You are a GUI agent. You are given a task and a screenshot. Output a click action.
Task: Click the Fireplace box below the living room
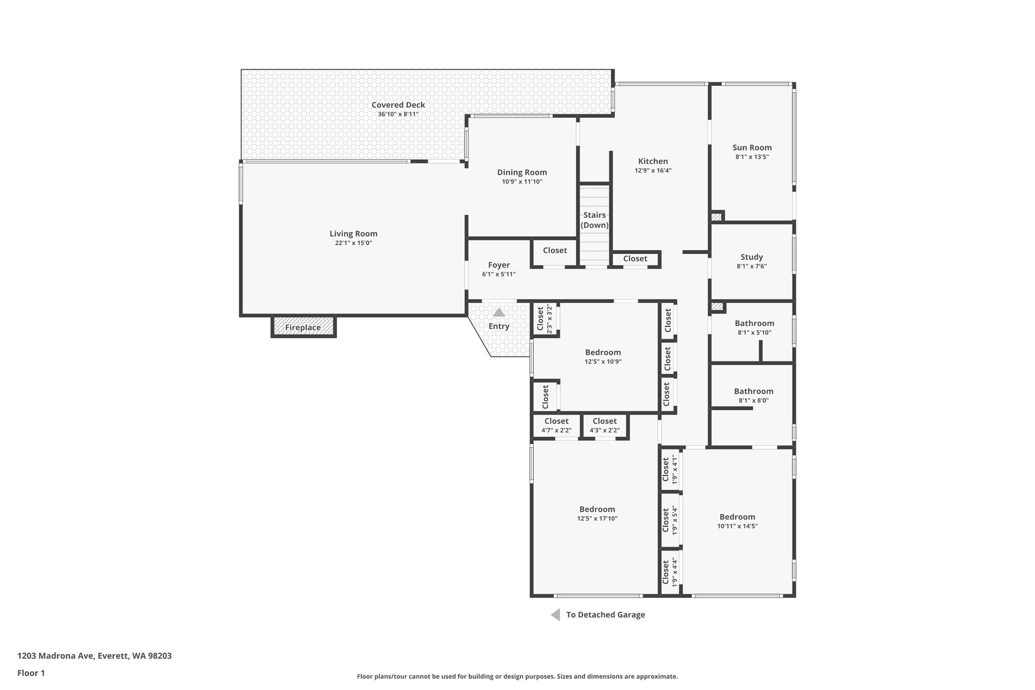point(303,327)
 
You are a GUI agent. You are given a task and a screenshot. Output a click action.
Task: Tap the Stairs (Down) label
point(594,220)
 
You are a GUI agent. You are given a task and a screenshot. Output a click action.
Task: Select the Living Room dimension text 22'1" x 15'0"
point(353,243)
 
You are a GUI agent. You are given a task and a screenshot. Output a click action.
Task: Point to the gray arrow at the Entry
point(499,312)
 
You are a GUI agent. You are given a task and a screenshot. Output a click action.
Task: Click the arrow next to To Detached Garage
point(555,615)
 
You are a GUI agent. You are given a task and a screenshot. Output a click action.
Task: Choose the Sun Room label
point(752,148)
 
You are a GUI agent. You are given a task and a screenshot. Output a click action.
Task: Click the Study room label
point(751,257)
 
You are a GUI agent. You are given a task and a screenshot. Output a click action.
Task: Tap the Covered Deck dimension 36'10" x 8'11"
point(398,114)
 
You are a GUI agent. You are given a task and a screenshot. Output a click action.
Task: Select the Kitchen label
point(653,161)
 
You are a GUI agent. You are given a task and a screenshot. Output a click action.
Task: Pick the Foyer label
point(499,265)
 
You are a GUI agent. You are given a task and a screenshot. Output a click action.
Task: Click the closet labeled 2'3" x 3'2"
point(544,318)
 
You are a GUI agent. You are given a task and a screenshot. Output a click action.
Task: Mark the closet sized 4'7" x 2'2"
point(556,426)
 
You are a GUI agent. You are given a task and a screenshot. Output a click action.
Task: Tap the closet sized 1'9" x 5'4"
point(670,520)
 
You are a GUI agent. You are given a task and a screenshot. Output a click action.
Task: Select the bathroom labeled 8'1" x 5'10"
point(754,328)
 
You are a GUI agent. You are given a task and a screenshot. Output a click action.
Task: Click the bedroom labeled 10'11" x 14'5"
point(737,521)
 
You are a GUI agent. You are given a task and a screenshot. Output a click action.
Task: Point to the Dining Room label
point(522,172)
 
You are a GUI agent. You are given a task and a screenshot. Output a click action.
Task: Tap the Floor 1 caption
point(31,673)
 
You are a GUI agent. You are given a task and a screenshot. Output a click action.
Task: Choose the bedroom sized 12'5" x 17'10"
point(597,514)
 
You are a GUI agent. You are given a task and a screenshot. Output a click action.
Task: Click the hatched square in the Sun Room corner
point(716,217)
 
